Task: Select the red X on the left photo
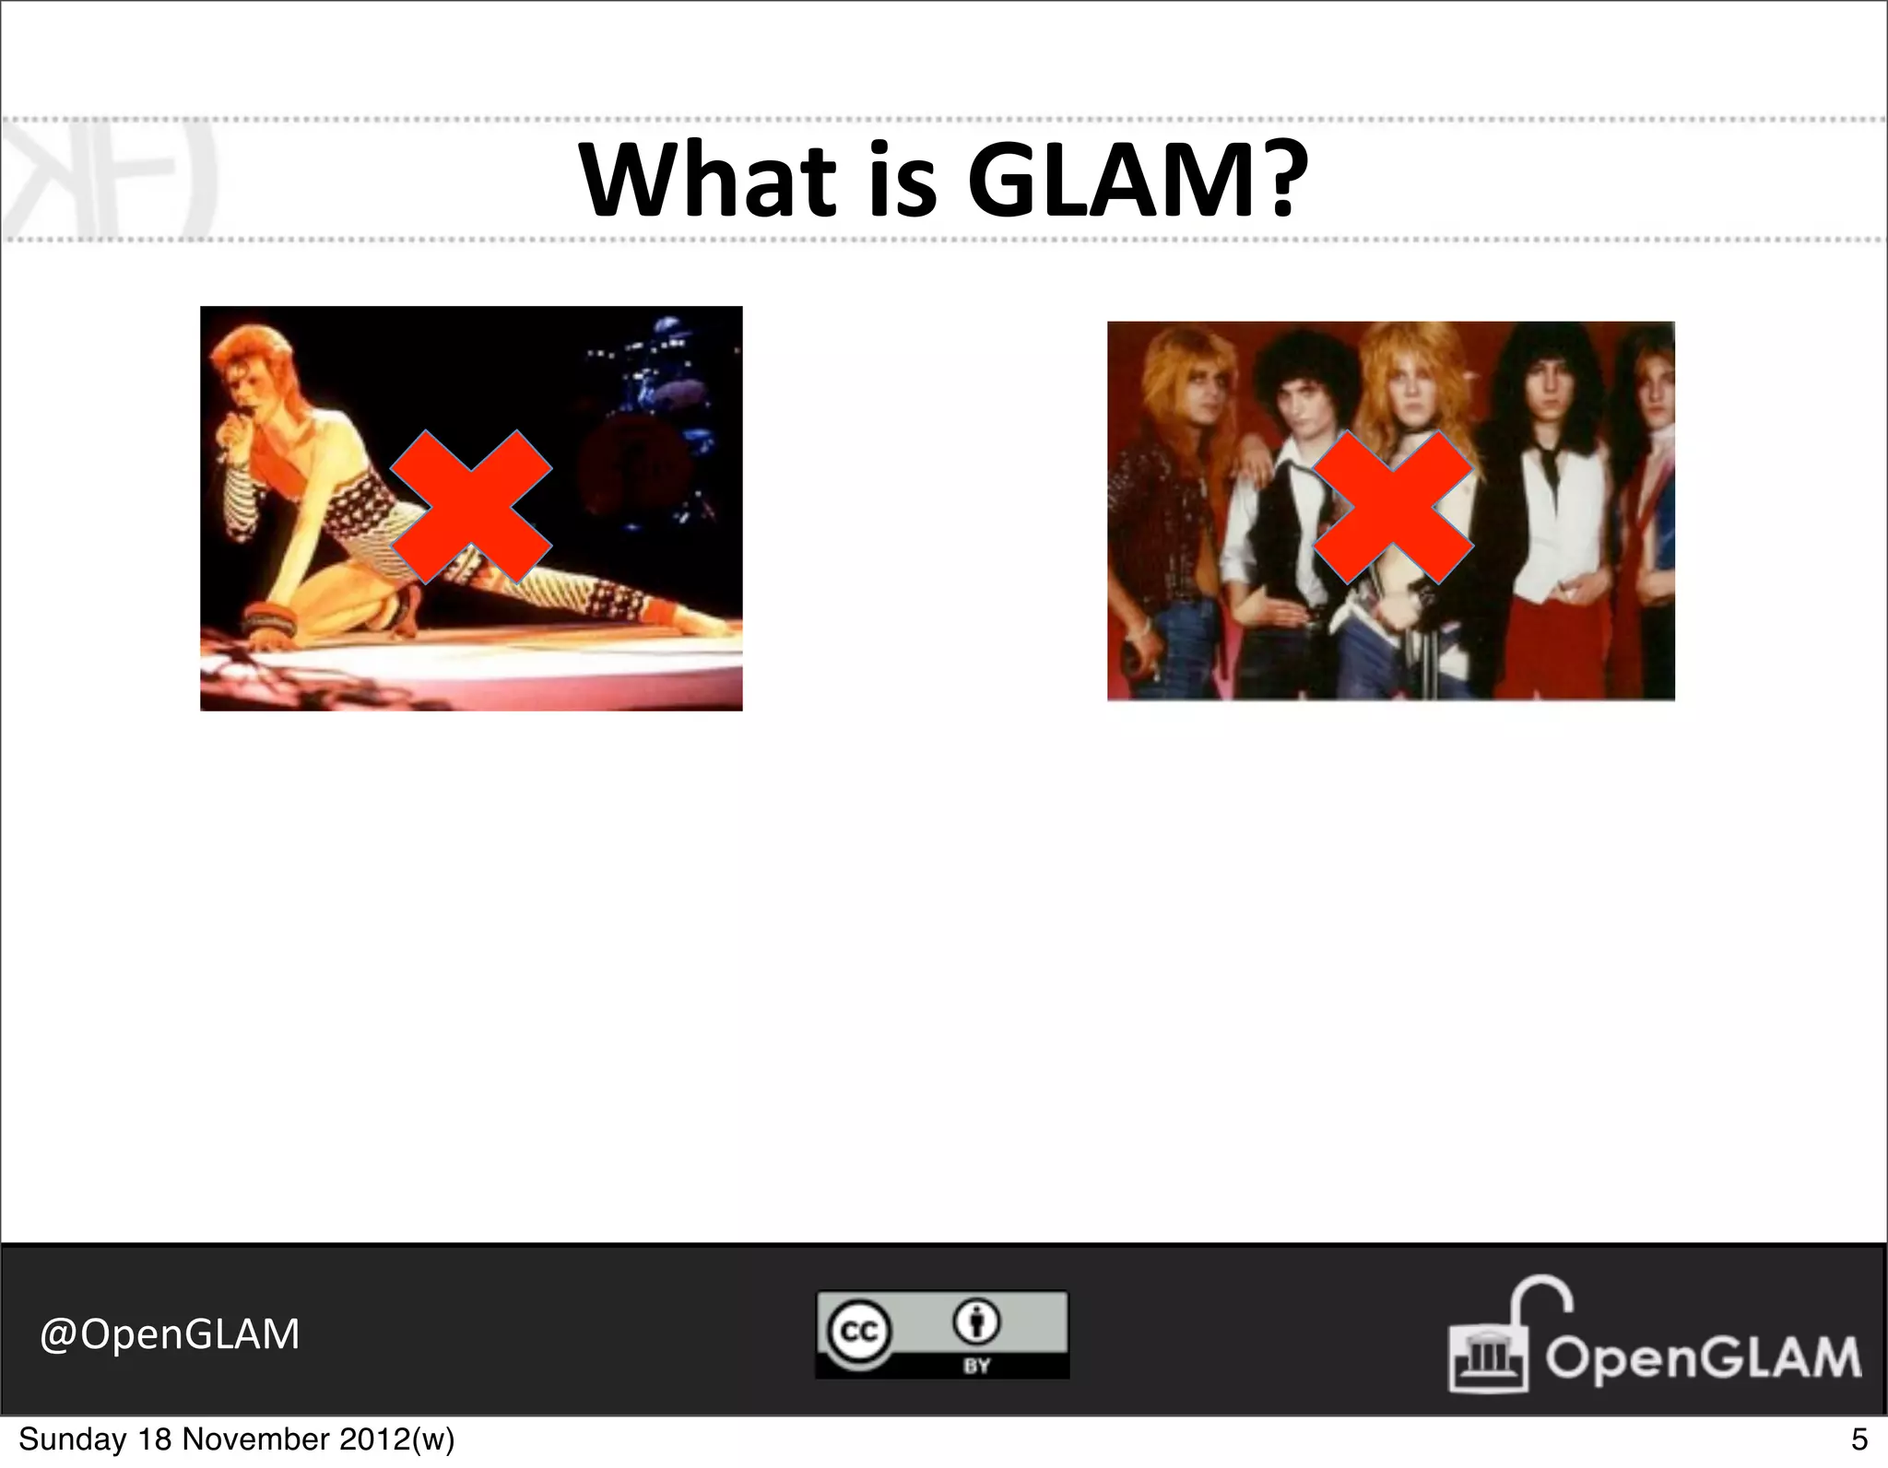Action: (471, 507)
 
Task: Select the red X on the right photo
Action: (1392, 507)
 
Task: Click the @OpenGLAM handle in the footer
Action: (170, 1333)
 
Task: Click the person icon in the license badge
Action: (976, 1323)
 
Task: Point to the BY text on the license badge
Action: (976, 1365)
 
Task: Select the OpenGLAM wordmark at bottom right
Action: (1704, 1358)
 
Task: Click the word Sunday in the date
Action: (70, 1439)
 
